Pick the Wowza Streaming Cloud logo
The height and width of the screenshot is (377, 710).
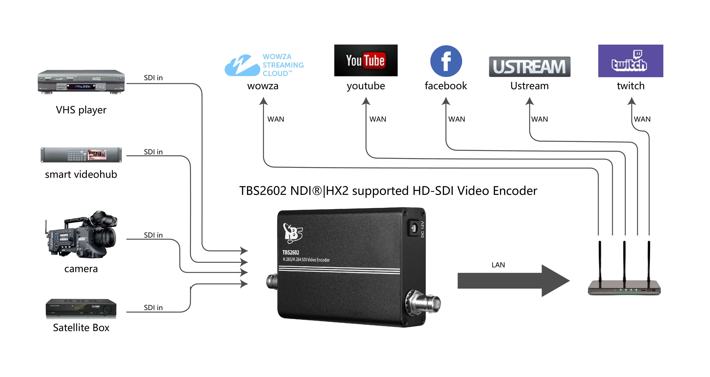pos(264,65)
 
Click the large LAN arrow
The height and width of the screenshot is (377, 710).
pos(513,280)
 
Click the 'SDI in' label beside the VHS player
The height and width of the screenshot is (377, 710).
pos(153,78)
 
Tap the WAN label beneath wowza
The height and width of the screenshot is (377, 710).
pos(276,119)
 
